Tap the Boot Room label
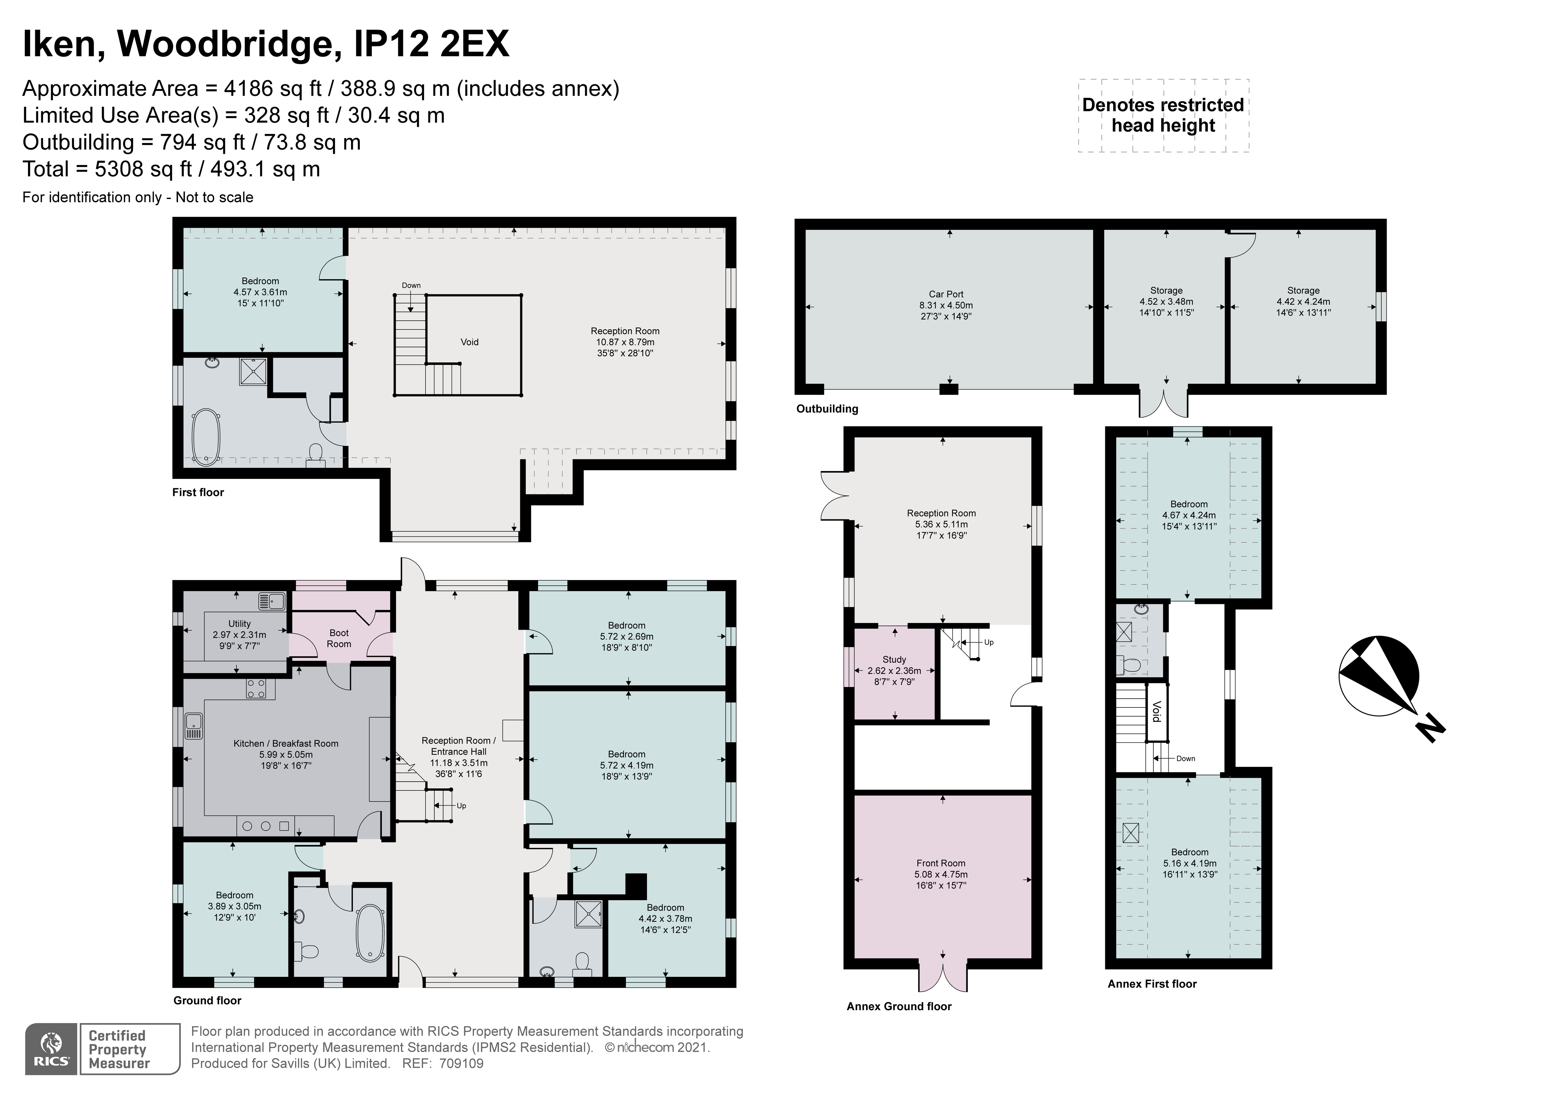(339, 638)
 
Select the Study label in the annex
(894, 659)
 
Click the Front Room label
(940, 863)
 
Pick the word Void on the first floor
(469, 342)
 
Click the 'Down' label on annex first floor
(1186, 758)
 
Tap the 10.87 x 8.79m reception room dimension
(625, 342)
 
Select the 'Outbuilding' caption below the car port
(827, 409)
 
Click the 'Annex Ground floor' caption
(898, 1006)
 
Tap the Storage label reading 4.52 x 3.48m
(1166, 302)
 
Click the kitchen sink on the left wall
(193, 726)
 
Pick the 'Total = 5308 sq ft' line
(171, 169)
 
